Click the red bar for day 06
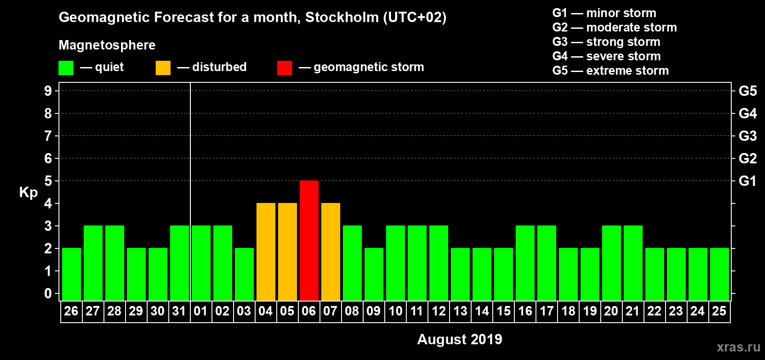click(309, 240)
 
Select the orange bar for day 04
click(266, 252)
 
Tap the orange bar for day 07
click(331, 252)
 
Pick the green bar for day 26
click(72, 274)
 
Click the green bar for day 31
click(180, 263)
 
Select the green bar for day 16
click(525, 263)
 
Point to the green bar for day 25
click(720, 274)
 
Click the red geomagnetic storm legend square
click(284, 68)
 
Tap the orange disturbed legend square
click(163, 68)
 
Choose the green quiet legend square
click(66, 68)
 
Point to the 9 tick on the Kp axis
click(48, 91)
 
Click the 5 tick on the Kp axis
click(48, 181)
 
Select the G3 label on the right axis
click(747, 136)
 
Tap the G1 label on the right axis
click(747, 181)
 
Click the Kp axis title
click(28, 192)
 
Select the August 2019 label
click(459, 339)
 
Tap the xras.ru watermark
click(738, 347)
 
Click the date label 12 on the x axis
click(438, 311)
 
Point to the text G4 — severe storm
click(606, 56)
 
